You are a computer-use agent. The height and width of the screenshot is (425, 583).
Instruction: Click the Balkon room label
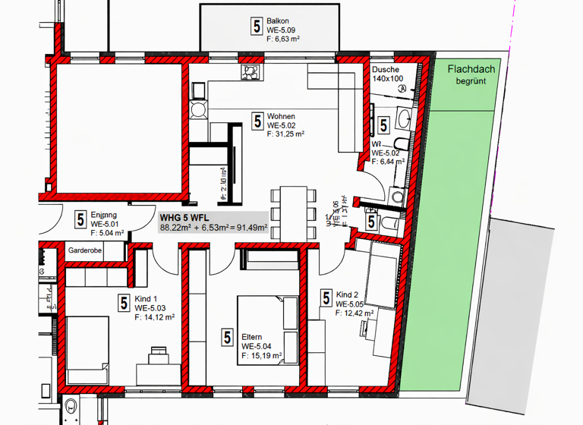point(277,20)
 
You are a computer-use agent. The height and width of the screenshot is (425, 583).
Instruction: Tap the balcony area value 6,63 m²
point(288,38)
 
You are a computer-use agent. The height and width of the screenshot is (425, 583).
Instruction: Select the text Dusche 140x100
point(387,74)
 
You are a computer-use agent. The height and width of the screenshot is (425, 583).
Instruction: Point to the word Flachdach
point(471,68)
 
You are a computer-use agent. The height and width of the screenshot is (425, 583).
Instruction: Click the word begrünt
point(471,80)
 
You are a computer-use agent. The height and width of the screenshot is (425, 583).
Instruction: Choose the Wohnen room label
point(280,116)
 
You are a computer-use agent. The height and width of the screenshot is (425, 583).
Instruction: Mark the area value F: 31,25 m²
point(285,134)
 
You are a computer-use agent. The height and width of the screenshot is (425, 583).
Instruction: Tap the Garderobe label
point(85,250)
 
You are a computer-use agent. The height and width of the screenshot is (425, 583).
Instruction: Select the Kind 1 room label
point(147,299)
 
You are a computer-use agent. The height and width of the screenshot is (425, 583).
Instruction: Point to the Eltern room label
point(252,337)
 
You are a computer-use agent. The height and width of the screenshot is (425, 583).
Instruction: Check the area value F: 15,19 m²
point(262,354)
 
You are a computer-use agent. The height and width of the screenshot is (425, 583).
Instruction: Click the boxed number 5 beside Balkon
point(256,27)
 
